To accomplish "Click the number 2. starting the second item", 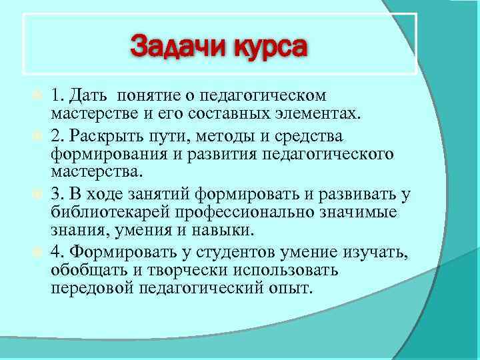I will click(58, 137).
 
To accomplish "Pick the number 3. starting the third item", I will click(58, 195).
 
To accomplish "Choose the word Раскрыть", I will click(103, 137).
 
